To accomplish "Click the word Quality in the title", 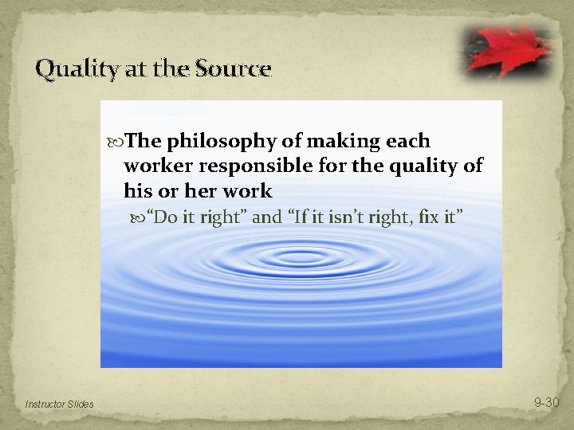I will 69,70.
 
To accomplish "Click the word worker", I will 155,166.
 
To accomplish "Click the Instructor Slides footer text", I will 59,405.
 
